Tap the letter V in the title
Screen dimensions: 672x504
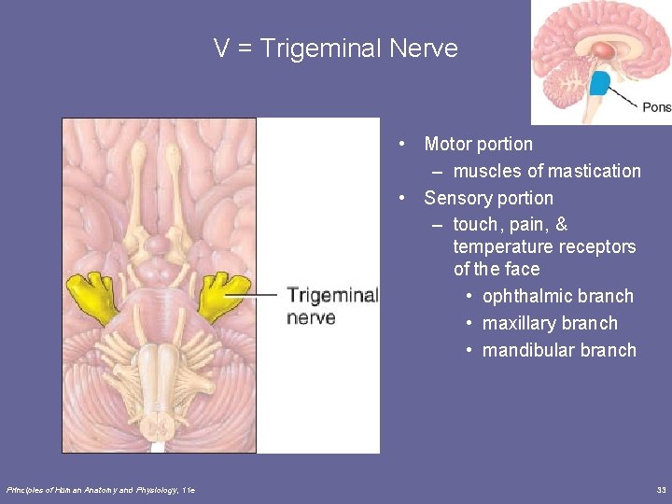222,49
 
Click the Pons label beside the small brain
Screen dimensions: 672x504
656,107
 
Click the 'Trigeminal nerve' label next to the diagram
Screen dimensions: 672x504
331,306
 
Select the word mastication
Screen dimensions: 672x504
594,171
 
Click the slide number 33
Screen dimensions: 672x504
661,489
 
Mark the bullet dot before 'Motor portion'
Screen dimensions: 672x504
400,144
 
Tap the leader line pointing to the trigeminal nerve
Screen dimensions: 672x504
257,295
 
